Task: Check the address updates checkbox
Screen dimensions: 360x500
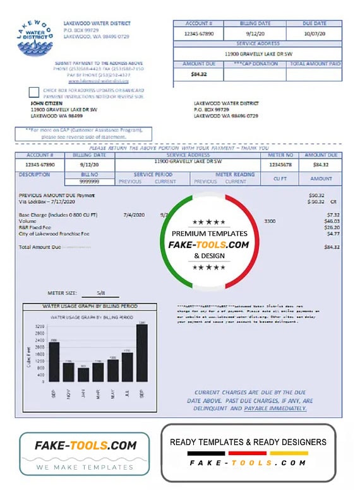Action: (x=34, y=92)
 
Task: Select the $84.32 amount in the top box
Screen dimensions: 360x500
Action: (x=198, y=74)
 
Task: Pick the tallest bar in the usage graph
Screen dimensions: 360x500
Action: (x=142, y=352)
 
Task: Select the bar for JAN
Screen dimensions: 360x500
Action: (x=83, y=374)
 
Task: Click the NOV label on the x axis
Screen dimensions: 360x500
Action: (x=68, y=394)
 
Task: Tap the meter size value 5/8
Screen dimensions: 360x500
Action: (x=101, y=293)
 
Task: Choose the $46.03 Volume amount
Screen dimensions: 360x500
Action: (x=332, y=221)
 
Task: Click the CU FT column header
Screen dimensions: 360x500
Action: (x=280, y=179)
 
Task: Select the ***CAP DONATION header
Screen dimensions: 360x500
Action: (x=255, y=64)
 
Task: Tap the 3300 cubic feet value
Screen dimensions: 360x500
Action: (x=270, y=221)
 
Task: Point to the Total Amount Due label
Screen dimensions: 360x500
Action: (x=40, y=247)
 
